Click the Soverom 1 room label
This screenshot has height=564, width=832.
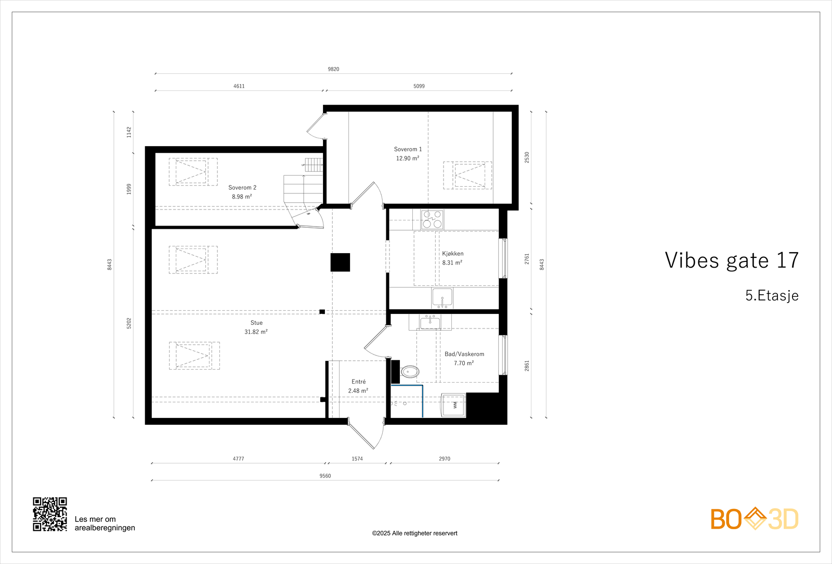click(408, 149)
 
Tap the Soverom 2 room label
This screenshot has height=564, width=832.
click(242, 188)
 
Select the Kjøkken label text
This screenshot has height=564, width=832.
click(453, 254)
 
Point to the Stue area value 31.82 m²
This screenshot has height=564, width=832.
click(256, 332)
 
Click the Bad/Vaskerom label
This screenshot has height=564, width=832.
click(464, 354)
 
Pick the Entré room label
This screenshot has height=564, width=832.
click(358, 382)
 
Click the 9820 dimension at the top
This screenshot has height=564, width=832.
click(333, 69)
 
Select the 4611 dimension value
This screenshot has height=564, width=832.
click(239, 86)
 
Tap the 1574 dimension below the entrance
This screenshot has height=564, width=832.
click(357, 459)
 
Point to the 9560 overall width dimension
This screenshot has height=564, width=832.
click(325, 476)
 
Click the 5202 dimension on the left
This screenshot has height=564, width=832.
click(129, 323)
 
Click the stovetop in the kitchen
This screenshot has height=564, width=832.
click(432, 219)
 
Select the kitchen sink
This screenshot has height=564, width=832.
click(442, 298)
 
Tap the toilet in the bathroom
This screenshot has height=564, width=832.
click(410, 372)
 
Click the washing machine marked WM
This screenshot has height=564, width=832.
click(453, 405)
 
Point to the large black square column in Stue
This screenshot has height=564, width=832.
click(340, 263)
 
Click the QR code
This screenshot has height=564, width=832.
click(50, 514)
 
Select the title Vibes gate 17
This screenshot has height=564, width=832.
click(732, 260)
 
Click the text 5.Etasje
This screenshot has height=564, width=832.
click(772, 296)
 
